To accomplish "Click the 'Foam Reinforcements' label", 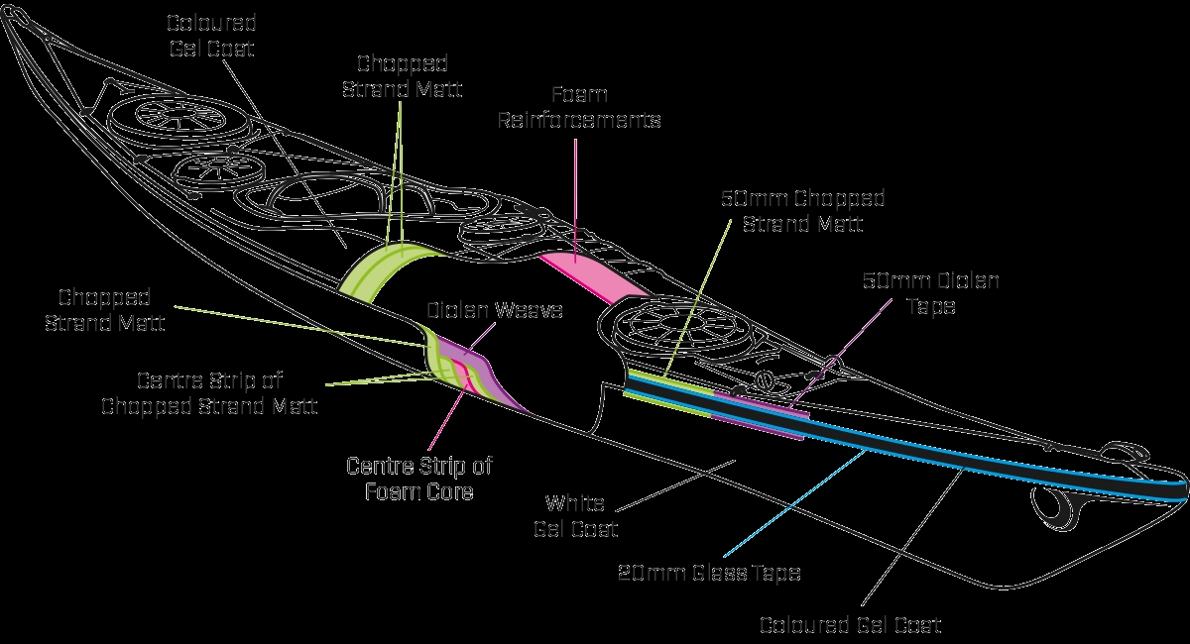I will (579, 109).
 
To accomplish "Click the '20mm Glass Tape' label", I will (709, 572).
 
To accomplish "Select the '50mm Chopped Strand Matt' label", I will (803, 211).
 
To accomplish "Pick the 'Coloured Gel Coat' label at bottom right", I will (850, 624).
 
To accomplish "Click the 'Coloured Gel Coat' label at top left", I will (211, 36).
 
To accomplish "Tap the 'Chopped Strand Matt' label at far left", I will (104, 310).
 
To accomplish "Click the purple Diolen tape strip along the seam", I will (754, 422).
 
